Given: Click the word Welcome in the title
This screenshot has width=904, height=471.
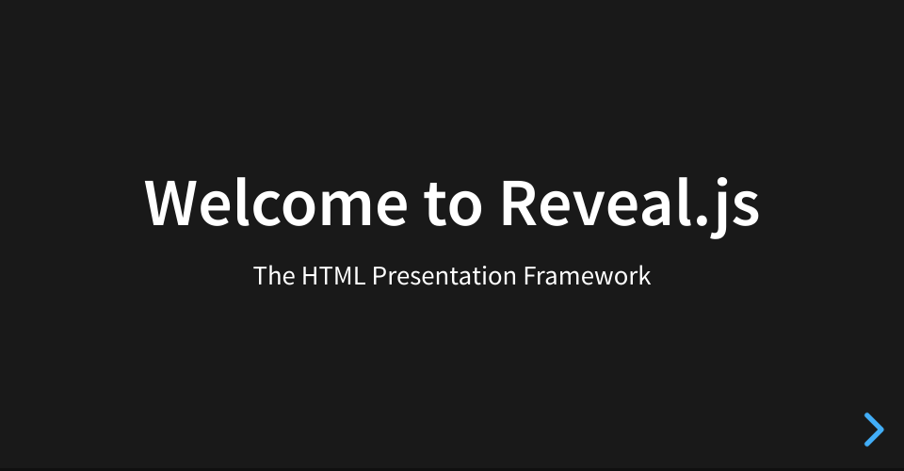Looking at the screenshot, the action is [276, 203].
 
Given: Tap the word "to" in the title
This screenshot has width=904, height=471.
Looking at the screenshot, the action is [453, 204].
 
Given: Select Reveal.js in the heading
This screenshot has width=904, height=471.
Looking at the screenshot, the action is [630, 207].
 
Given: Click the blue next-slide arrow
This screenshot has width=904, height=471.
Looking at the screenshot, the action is [874, 430].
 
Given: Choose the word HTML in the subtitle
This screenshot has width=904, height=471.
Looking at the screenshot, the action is [333, 276].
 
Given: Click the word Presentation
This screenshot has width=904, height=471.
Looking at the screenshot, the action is [444, 276].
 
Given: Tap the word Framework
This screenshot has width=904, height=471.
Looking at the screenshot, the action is [587, 276].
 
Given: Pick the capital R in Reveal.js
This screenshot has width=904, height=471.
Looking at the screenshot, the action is [520, 203].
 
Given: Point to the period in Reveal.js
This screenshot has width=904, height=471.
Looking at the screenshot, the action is [702, 220].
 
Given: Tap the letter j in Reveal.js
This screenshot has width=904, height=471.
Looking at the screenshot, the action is [718, 207].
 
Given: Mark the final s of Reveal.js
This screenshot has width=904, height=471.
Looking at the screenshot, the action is [747, 209].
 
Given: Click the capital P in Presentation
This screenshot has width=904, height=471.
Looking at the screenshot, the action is [379, 276].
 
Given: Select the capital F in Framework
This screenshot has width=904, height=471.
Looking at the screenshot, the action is [530, 276].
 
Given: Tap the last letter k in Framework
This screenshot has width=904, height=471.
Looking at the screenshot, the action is [644, 276].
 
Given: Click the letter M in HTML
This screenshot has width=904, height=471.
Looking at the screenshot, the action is [341, 276].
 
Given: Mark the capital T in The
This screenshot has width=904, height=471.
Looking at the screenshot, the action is [260, 276].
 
